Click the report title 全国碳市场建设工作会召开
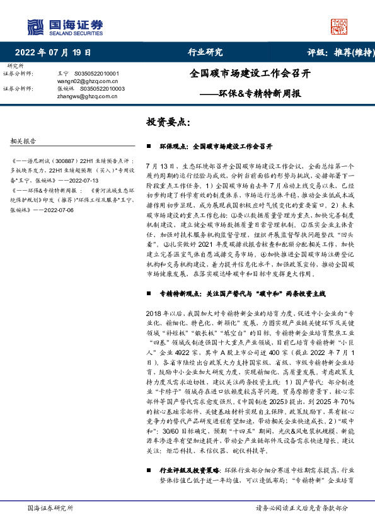[x=250, y=73]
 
